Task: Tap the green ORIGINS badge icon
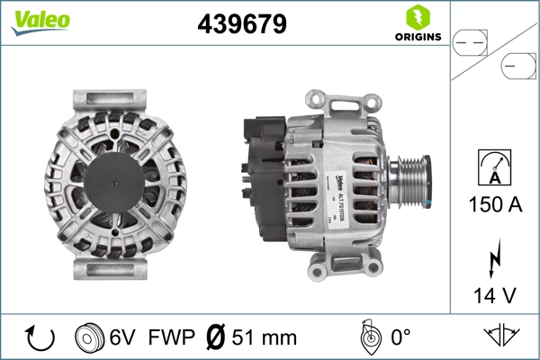[x=417, y=18]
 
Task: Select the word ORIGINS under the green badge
[x=417, y=37]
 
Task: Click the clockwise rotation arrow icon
[x=40, y=337]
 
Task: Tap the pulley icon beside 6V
[x=88, y=337]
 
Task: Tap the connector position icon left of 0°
[x=368, y=337]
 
